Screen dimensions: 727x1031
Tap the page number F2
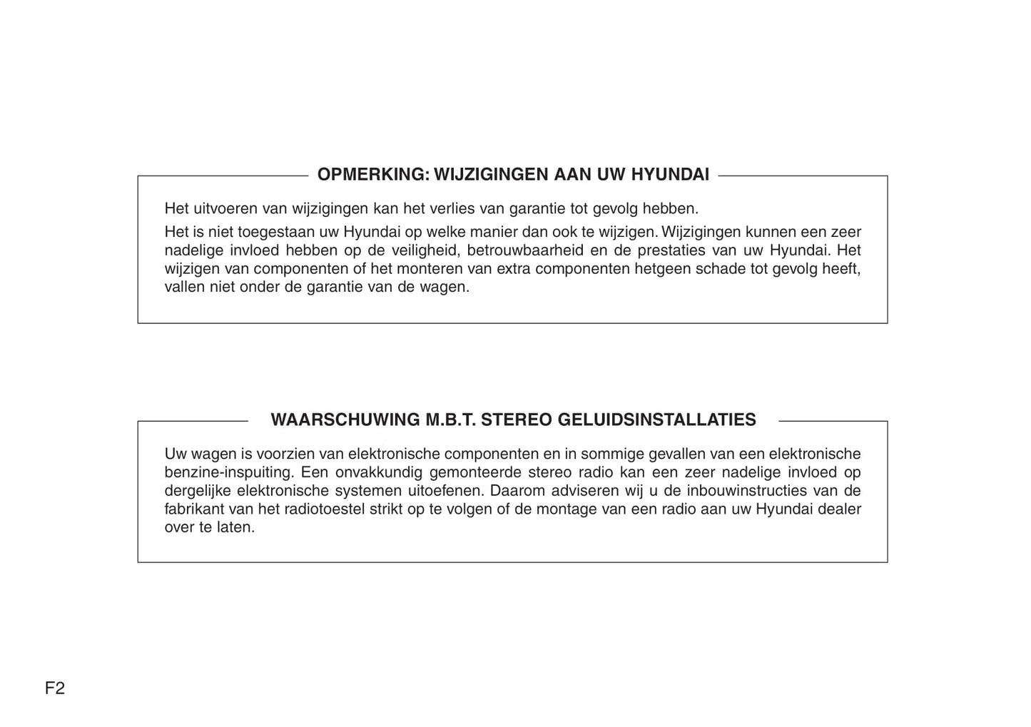click(55, 688)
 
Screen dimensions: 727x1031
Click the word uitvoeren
click(225, 208)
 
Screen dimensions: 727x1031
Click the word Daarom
click(514, 491)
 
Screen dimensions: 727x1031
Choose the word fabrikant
click(194, 509)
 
